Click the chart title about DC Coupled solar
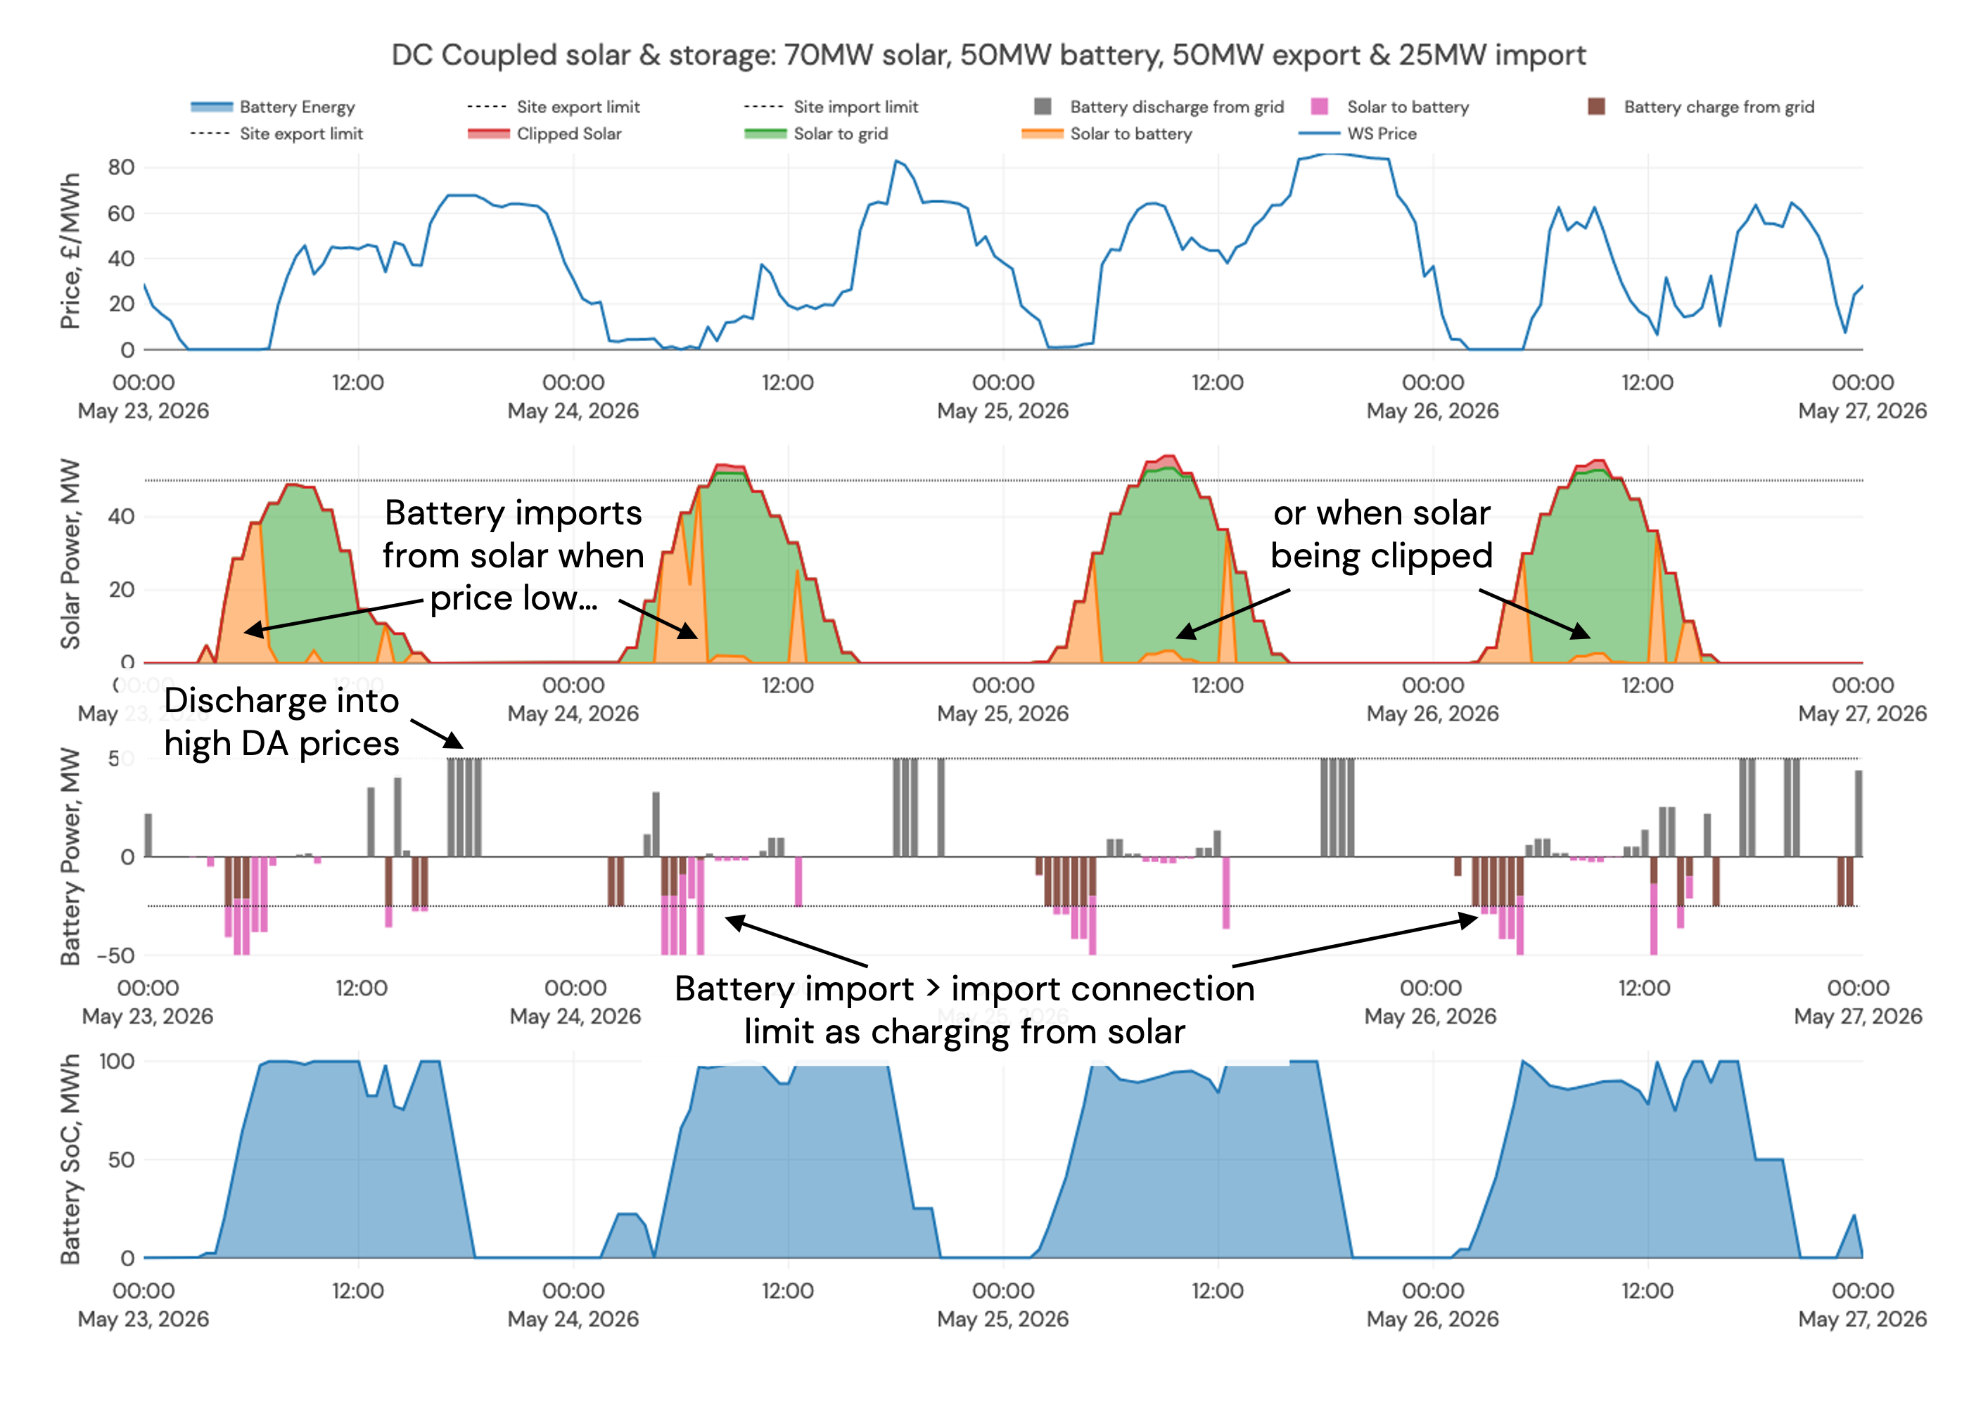coord(988,55)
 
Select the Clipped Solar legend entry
coord(568,134)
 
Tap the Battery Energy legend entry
coord(296,107)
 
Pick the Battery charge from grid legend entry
coord(1718,107)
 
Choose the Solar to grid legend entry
coord(840,134)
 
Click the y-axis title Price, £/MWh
coord(70,251)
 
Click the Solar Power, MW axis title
coord(70,554)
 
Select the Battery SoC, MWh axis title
coord(70,1159)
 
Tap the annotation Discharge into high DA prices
coord(281,722)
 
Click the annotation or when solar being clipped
coord(1382,534)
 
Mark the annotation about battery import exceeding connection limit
coord(964,1010)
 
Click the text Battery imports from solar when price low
coord(513,555)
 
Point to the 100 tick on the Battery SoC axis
coord(117,1061)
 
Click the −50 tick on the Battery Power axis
coord(115,955)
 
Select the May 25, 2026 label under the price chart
coord(1002,411)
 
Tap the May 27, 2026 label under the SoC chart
coord(1861,1319)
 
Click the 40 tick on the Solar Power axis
coord(122,516)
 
